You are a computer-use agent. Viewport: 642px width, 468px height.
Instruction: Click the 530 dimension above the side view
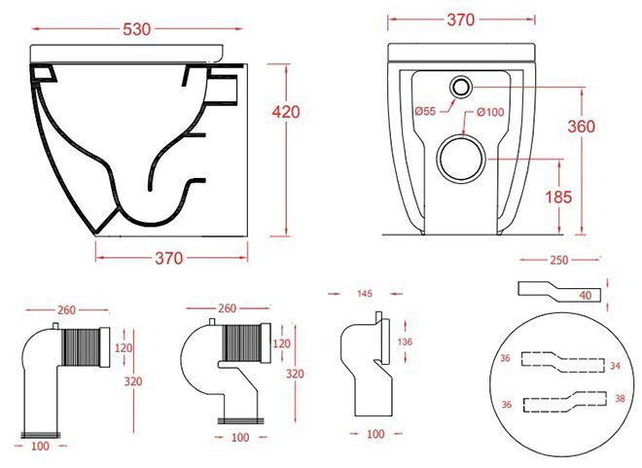pos(137,29)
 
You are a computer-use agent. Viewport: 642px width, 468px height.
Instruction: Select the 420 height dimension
pos(286,112)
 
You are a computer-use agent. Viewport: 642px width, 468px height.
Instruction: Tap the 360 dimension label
pos(581,126)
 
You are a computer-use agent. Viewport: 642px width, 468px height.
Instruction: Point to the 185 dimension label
pos(558,198)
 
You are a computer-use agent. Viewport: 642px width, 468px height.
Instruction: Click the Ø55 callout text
pos(424,111)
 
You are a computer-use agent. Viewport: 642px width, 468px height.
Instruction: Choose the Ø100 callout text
pos(490,112)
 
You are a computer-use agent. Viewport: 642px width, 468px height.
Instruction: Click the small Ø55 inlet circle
pos(461,87)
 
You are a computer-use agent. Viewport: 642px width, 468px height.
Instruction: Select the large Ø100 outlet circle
pos(461,159)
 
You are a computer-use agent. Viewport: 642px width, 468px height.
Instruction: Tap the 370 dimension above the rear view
pos(461,19)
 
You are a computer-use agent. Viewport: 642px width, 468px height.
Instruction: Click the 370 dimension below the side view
pos(168,259)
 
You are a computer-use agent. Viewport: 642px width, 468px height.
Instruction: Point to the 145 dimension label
pos(365,294)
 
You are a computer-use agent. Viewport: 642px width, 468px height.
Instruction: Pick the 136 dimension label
pos(405,342)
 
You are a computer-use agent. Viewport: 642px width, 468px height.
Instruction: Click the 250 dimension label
pos(559,260)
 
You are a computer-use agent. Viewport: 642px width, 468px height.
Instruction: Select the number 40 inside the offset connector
pos(586,295)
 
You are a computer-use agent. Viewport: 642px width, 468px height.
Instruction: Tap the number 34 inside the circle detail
pos(615,366)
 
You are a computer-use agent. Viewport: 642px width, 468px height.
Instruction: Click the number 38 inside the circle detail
pos(620,398)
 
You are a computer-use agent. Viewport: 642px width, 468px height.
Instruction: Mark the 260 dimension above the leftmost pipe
pos(66,310)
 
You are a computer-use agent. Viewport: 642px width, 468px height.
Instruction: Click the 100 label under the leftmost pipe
pos(40,446)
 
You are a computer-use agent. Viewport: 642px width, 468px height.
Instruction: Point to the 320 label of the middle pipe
pos(295,374)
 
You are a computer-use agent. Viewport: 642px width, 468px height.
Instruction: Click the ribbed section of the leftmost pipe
pos(81,347)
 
